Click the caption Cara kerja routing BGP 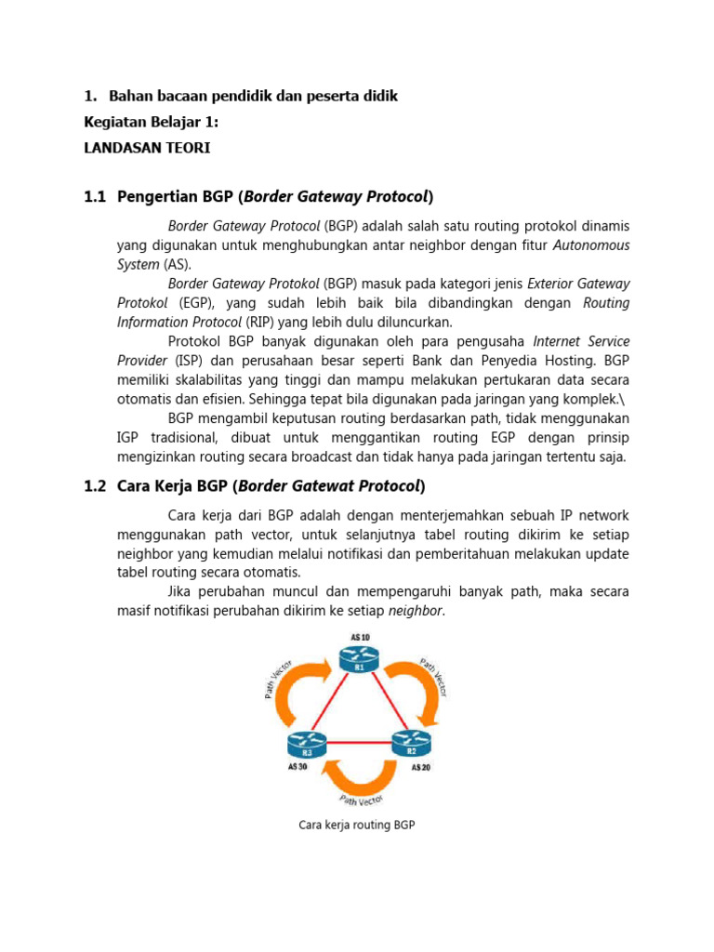[356, 824]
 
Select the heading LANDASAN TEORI [147, 148]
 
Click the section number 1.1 [96, 196]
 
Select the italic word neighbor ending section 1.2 [416, 611]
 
